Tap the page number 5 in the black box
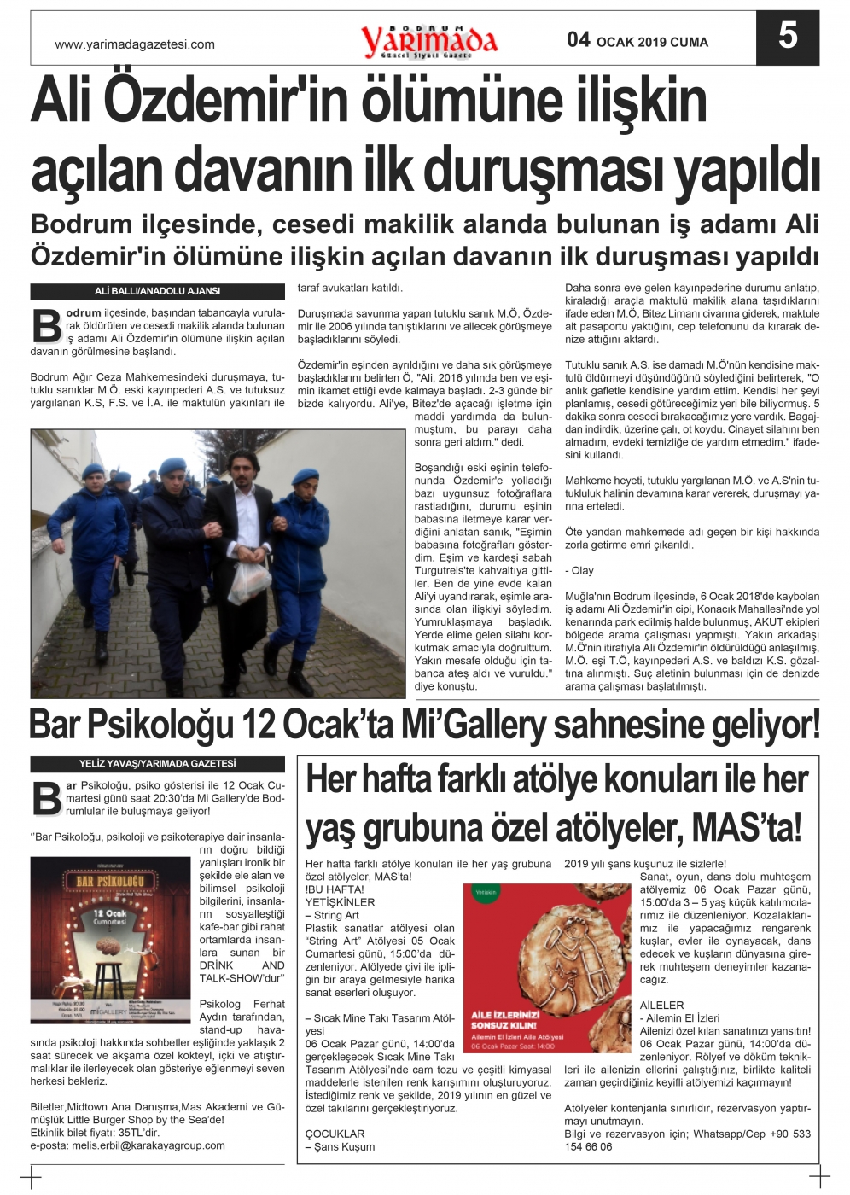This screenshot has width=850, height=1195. (x=787, y=37)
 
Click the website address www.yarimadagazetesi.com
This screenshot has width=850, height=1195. (x=135, y=44)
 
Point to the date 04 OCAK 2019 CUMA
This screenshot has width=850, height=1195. (x=637, y=40)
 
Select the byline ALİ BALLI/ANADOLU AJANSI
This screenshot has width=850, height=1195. (x=157, y=291)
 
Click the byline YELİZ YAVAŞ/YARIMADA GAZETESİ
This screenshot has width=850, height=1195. (x=157, y=764)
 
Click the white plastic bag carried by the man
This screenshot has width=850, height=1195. (x=249, y=580)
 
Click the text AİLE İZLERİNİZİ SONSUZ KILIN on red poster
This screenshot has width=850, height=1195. (x=505, y=1019)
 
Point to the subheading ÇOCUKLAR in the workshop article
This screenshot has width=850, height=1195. (x=335, y=1134)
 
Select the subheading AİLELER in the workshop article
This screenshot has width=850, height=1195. (x=662, y=1005)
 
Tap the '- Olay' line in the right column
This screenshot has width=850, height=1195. (x=579, y=570)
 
